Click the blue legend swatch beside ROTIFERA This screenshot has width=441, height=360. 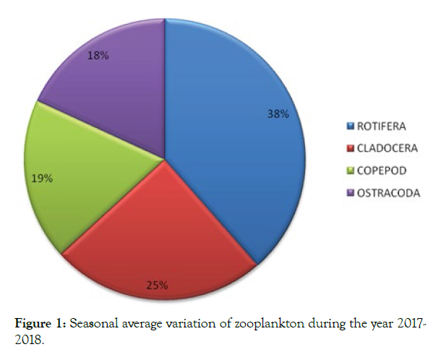coord(351,127)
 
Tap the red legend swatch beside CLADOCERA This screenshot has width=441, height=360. coord(351,149)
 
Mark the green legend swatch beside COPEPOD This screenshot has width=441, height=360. coord(351,171)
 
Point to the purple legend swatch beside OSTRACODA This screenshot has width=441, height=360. coord(351,194)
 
